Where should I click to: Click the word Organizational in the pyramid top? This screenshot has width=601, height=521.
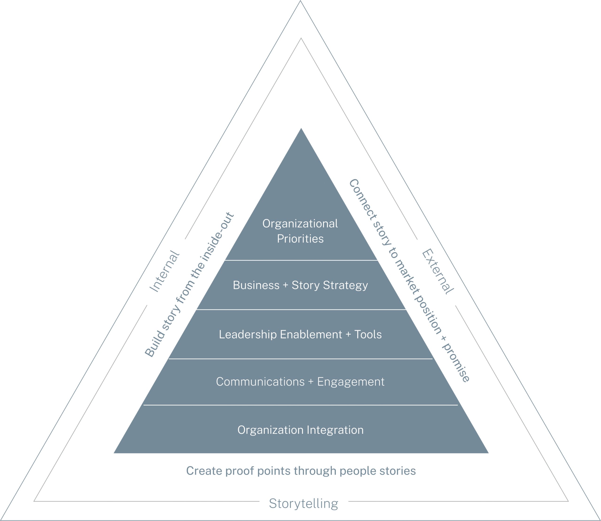pos(300,224)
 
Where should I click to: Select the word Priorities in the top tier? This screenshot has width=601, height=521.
pos(300,239)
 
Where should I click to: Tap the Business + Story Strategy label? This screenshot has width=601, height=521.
pos(300,285)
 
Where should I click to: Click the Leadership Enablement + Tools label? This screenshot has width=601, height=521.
pos(300,334)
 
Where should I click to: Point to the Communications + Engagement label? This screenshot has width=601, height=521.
pos(300,382)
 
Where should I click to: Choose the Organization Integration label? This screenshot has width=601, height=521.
pos(300,430)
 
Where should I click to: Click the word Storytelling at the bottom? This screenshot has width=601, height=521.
pos(303,504)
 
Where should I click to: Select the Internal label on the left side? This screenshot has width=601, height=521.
pos(164,271)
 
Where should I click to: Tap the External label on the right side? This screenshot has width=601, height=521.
pos(437,272)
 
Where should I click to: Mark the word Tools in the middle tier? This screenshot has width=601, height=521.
pos(368,334)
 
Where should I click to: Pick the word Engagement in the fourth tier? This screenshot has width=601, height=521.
pos(351,382)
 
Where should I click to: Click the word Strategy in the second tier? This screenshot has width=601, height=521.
pos(345,285)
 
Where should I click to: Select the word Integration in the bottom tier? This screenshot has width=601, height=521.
pos(335,430)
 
